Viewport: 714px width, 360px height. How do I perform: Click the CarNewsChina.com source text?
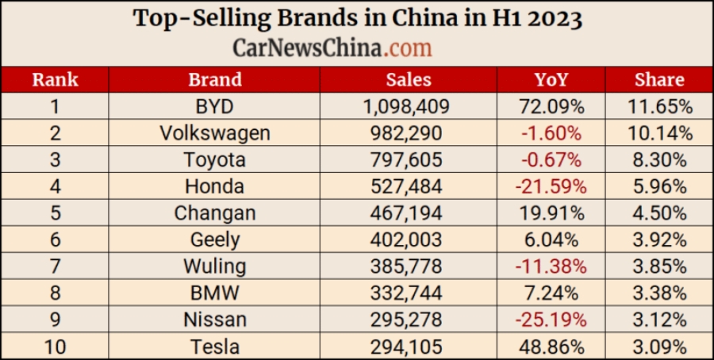pos(332,48)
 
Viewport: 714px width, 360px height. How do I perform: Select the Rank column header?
pos(54,79)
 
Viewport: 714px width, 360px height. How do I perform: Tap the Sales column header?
pos(409,79)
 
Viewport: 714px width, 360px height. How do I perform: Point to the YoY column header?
pos(551,79)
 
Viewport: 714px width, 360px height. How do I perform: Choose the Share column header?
pos(659,79)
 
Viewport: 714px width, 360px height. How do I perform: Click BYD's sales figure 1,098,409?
pos(409,106)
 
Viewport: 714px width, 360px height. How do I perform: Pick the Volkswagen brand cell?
pos(215,133)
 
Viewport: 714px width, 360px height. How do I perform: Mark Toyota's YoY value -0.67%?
pos(551,160)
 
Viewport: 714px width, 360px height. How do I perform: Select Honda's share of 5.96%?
pos(659,187)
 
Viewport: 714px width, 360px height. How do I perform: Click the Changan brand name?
pos(215,213)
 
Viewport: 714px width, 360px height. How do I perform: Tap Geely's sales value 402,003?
pos(409,240)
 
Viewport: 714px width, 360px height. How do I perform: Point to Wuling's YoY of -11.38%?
pos(551,266)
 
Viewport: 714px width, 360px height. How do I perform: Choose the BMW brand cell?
pos(215,293)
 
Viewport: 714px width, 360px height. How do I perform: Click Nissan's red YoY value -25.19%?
pos(551,320)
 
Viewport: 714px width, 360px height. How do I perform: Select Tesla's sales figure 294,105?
pos(409,347)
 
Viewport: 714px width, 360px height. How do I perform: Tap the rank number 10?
pos(55,347)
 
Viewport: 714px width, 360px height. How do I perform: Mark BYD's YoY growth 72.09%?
pos(551,106)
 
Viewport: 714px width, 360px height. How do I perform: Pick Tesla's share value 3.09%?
pos(659,347)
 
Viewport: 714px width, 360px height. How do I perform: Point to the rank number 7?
pos(55,266)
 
